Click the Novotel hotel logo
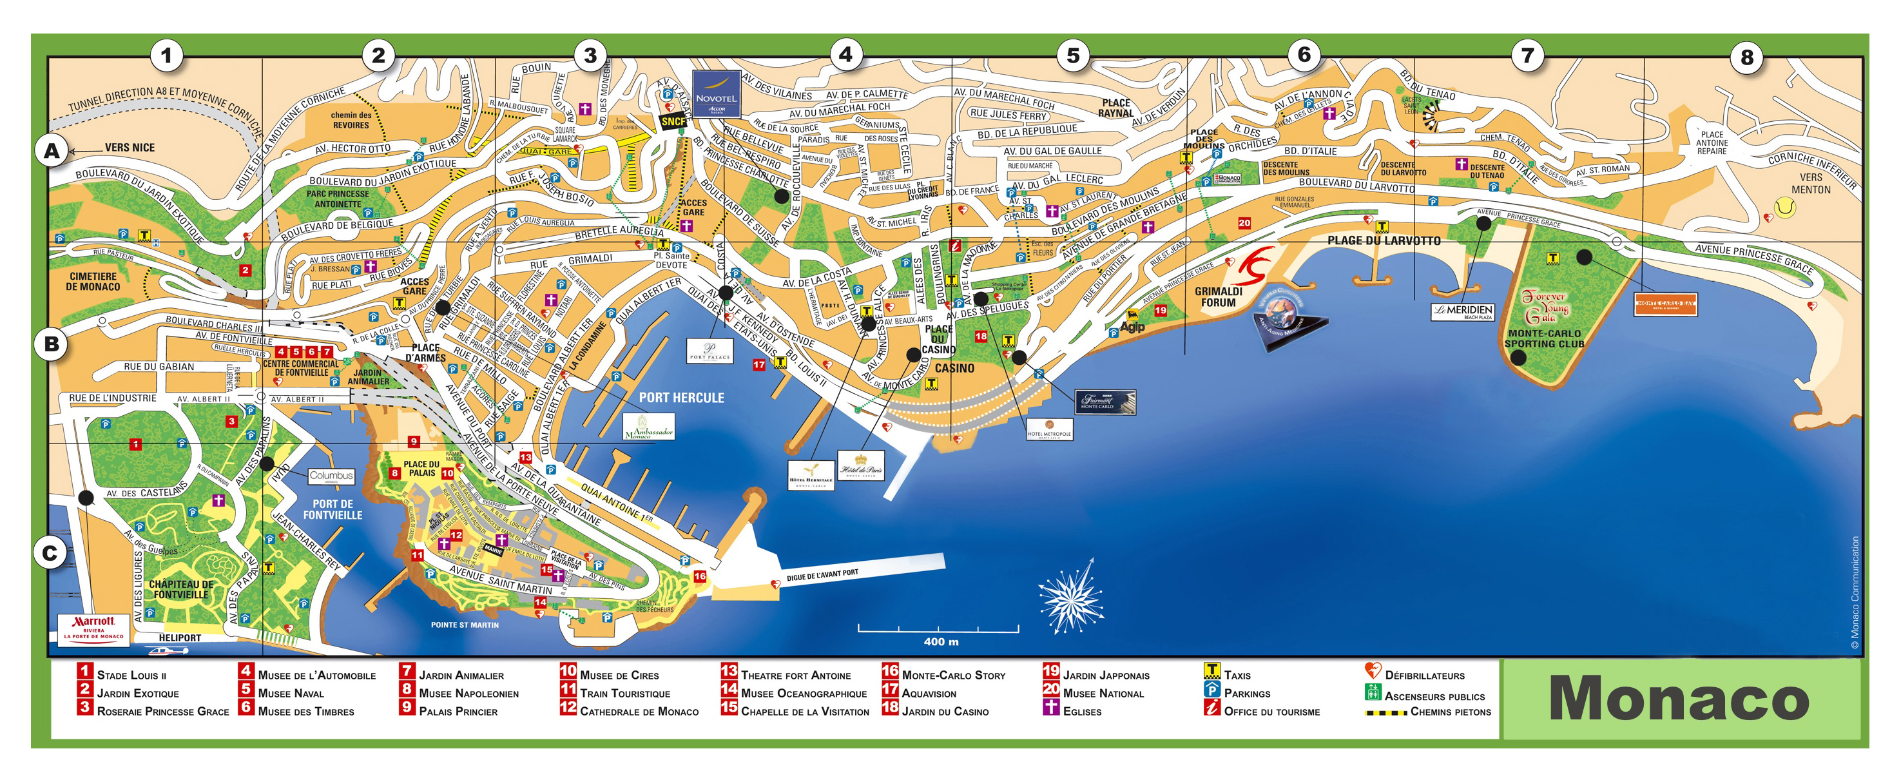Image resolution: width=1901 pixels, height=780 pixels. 716,93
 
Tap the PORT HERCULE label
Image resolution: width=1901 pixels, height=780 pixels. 681,398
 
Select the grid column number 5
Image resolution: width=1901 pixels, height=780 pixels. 1072,55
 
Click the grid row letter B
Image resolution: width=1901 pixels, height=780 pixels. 52,344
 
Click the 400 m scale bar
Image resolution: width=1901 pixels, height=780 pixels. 939,629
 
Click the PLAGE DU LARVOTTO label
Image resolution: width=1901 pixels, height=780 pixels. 1383,240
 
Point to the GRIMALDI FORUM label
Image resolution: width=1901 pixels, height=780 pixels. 1219,297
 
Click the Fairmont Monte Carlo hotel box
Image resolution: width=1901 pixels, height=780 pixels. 1104,402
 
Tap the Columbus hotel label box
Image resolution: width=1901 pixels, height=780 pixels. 331,476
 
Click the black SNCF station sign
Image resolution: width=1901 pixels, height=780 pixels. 672,122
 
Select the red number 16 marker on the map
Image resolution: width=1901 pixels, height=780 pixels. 699,576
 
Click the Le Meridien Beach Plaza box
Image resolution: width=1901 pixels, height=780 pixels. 1463,311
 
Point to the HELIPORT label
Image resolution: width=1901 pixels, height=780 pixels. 179,638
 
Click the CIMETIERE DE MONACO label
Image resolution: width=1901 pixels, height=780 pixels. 93,281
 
